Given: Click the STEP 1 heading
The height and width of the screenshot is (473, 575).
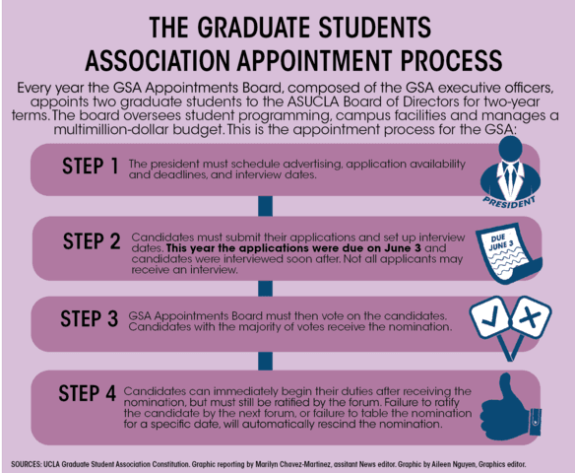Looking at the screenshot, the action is pyautogui.click(x=91, y=166).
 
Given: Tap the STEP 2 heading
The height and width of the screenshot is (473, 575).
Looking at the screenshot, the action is pyautogui.click(x=92, y=241).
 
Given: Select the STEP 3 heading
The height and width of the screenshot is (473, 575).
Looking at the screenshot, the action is pyautogui.click(x=90, y=318).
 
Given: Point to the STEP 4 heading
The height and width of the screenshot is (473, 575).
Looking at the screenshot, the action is pyautogui.click(x=88, y=393).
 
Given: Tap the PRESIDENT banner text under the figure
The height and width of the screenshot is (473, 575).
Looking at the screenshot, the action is pyautogui.click(x=509, y=202).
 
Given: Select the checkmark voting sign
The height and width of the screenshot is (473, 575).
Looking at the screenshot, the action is pyautogui.click(x=490, y=317).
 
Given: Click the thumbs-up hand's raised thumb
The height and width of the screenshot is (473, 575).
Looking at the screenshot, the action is pyautogui.click(x=506, y=386).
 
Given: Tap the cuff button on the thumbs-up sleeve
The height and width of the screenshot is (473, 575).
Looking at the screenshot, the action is pyautogui.click(x=535, y=422).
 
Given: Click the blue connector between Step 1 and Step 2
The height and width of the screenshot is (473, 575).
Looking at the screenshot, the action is pyautogui.click(x=265, y=206).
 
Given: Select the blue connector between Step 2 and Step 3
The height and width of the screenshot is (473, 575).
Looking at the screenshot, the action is pyautogui.click(x=265, y=289).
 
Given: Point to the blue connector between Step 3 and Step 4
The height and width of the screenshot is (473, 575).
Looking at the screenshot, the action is pyautogui.click(x=265, y=361).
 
